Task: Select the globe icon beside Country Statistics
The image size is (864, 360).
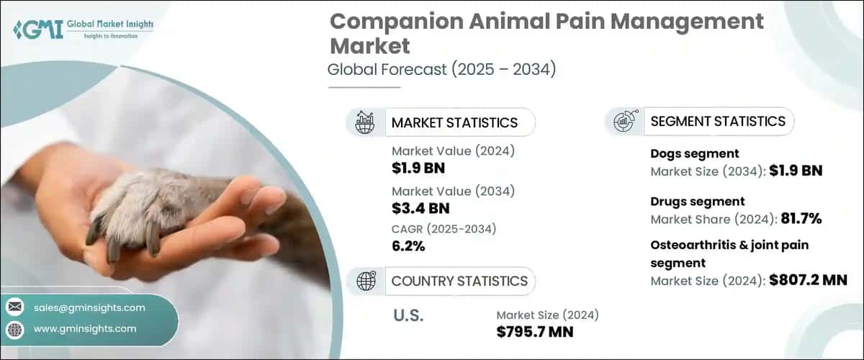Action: (x=365, y=281)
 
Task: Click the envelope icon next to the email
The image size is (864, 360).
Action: (x=14, y=307)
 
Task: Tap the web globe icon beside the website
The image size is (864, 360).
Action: (x=14, y=329)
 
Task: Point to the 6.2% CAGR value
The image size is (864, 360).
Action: (x=408, y=246)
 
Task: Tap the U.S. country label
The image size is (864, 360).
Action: (x=408, y=315)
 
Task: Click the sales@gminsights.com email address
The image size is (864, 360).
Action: (x=89, y=307)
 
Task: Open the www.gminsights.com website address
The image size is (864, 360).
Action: (x=85, y=329)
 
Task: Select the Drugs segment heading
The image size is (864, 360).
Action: (x=697, y=202)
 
